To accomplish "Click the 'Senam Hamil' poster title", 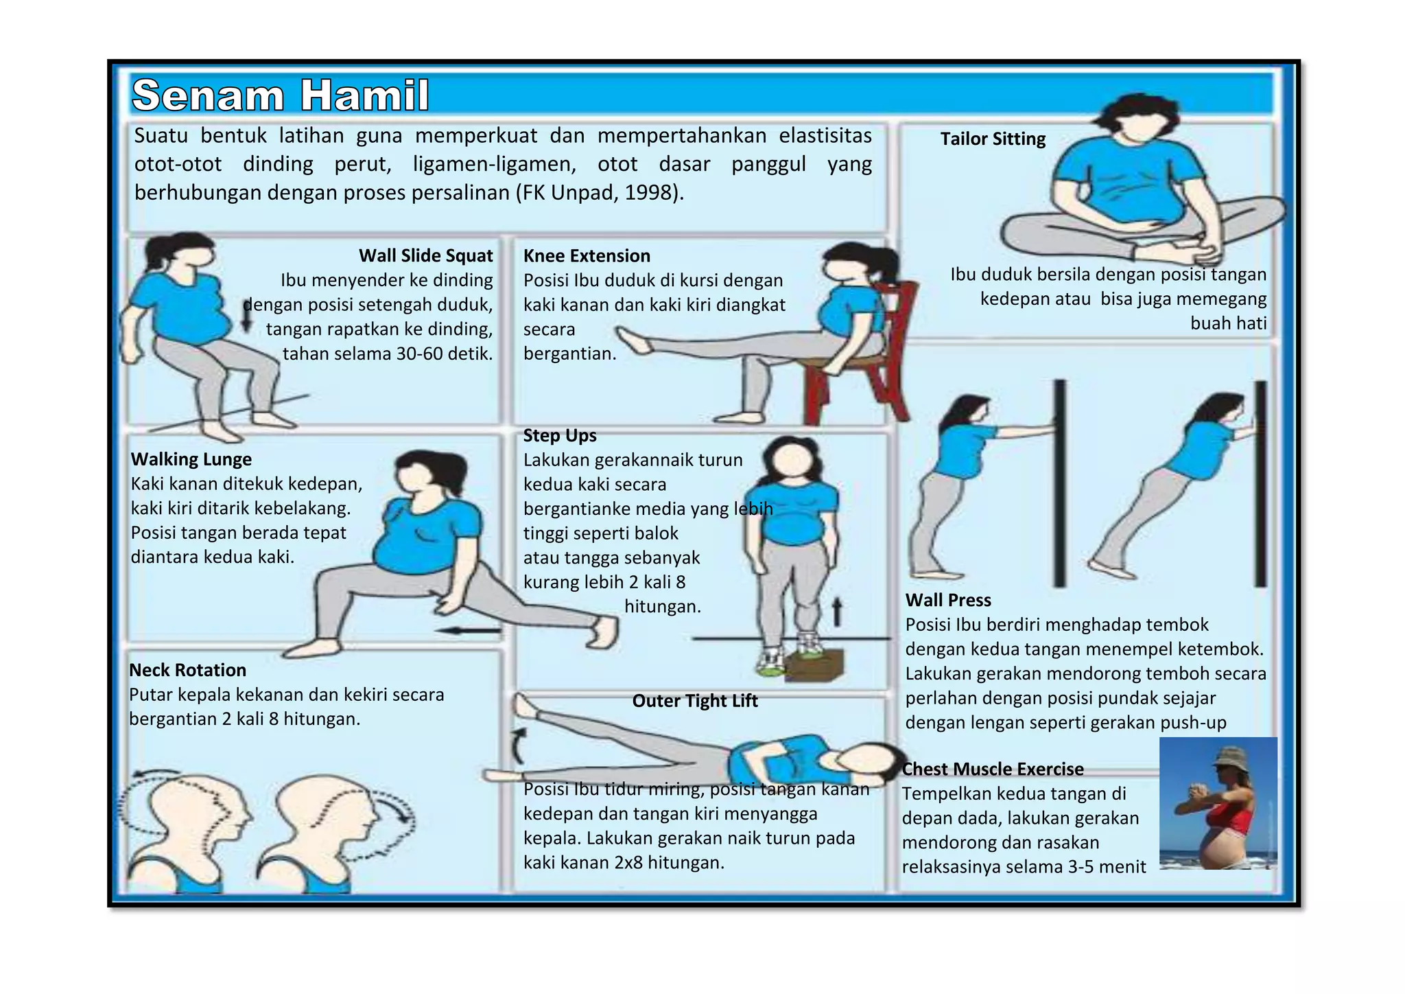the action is [x=281, y=95].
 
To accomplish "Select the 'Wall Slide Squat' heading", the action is [x=426, y=256].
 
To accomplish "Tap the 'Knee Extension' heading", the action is [x=587, y=256].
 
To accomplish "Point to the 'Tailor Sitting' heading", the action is [x=993, y=139].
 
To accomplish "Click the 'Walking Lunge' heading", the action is [x=191, y=459].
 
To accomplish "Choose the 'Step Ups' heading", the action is [x=560, y=436].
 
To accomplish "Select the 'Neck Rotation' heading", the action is [x=188, y=670].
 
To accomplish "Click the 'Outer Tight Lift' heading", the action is [x=695, y=701].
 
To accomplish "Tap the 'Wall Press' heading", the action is [x=948, y=601].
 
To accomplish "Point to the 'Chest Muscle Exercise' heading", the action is [x=993, y=770].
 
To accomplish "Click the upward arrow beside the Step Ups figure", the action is [x=837, y=612].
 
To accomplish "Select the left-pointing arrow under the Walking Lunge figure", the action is [x=468, y=630].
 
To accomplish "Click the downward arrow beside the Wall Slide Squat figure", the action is [x=248, y=315].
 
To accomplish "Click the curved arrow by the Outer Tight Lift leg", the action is [x=519, y=746].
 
